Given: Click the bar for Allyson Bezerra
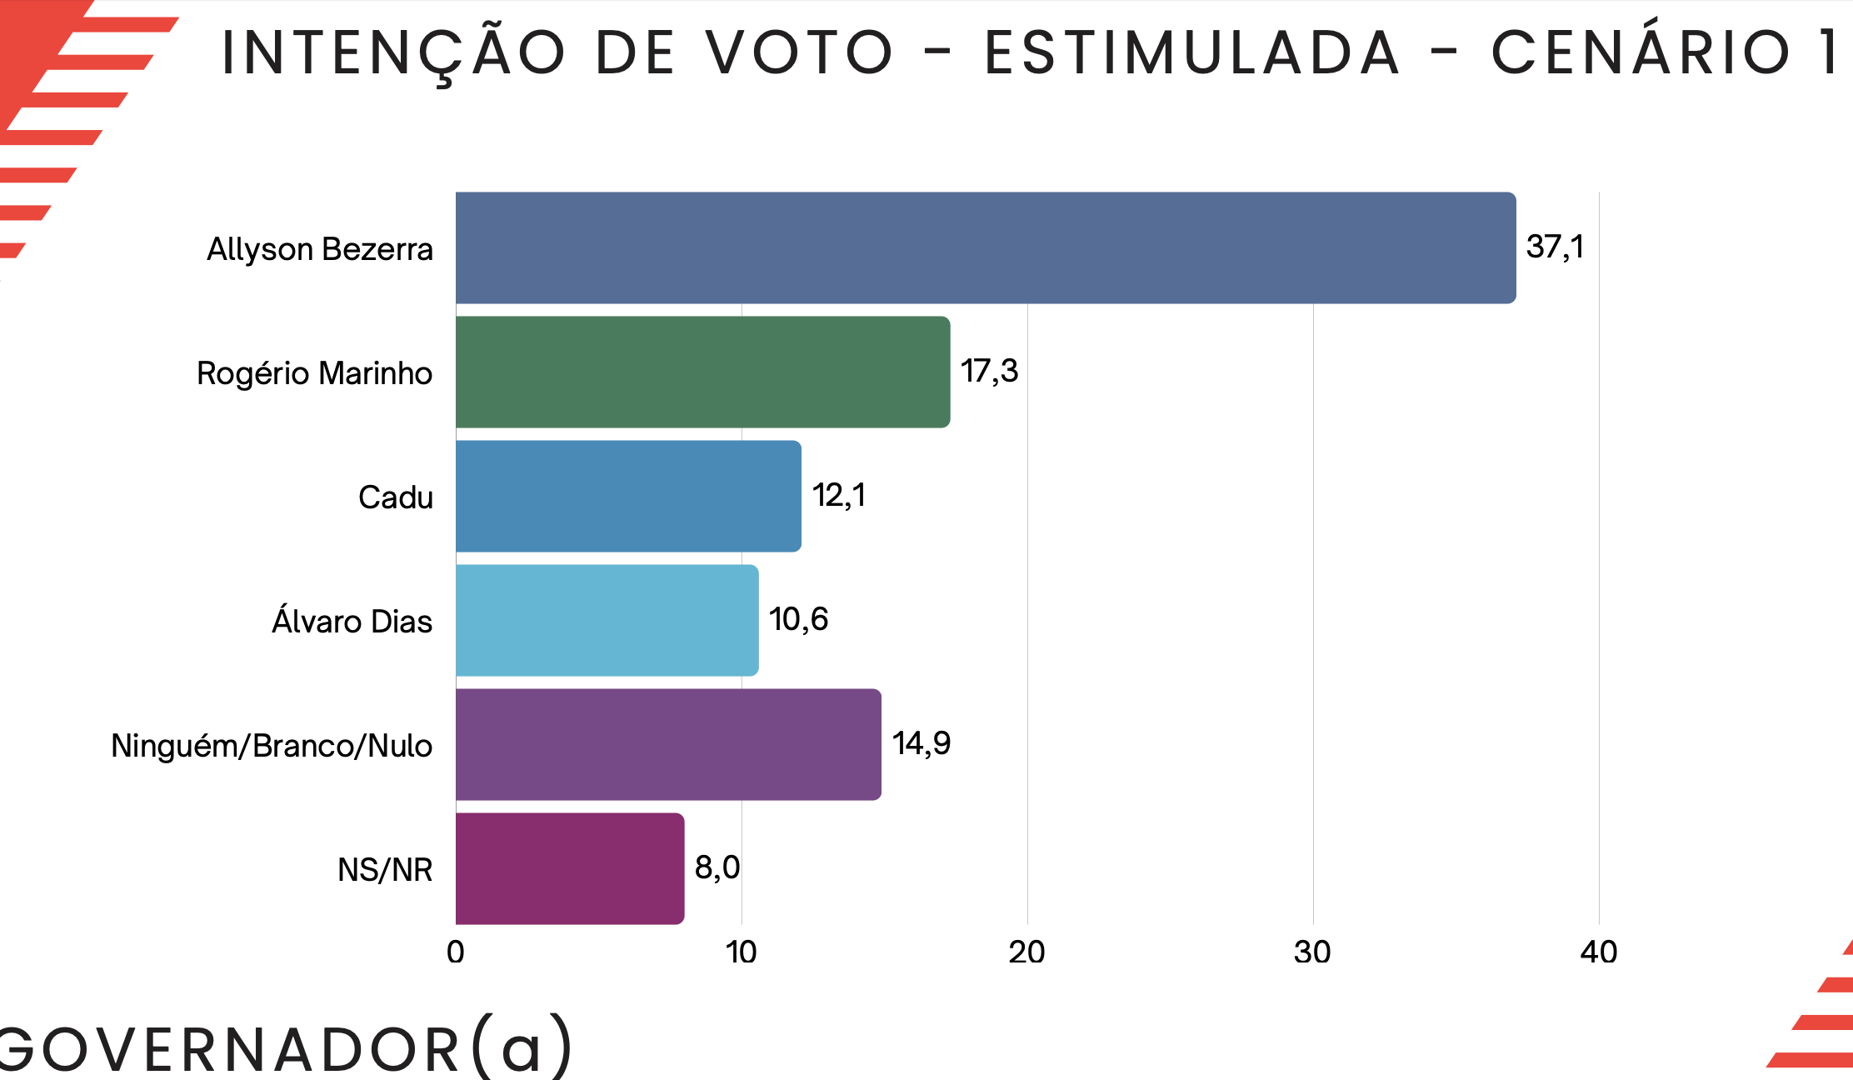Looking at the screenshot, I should tap(986, 247).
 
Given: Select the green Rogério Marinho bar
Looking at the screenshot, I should tap(702, 372).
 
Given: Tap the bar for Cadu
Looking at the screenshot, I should tap(628, 496).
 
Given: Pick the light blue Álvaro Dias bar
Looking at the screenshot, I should tap(607, 620).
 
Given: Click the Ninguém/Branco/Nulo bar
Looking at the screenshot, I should tap(668, 744).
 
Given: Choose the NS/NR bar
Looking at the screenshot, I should tap(570, 868).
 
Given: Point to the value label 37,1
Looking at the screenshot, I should tap(1555, 247).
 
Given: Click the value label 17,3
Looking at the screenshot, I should tap(989, 371).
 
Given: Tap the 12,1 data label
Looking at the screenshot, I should tap(839, 495).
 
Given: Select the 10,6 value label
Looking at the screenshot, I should tap(798, 619).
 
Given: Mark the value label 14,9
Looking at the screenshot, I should tap(922, 743).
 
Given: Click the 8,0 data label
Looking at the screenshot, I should tap(717, 867).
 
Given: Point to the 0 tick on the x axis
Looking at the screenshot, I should tap(455, 952).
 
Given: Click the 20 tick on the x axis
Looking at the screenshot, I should tap(1026, 952).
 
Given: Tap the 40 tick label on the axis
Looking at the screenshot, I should tap(1598, 952).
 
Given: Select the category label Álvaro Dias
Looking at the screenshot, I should tap(352, 621).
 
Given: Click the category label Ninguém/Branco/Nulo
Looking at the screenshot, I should tap(272, 746).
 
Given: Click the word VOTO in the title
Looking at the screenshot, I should tap(801, 52).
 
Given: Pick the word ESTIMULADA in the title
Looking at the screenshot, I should tap(1192, 52).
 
